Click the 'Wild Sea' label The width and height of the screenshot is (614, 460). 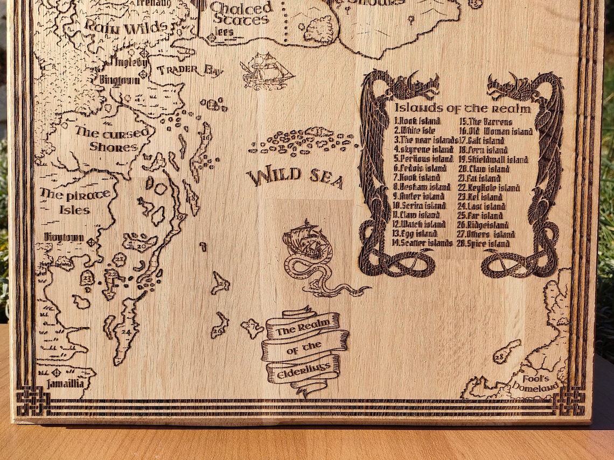[295, 177]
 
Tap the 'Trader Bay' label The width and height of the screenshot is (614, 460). [190, 70]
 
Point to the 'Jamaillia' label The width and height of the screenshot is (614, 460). [65, 384]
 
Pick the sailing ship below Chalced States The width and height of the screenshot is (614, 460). [266, 70]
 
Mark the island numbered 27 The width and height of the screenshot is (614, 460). [252, 327]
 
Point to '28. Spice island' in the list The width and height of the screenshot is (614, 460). [484, 244]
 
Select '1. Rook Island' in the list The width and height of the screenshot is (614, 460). [417, 122]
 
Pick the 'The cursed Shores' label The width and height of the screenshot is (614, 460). [106, 139]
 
